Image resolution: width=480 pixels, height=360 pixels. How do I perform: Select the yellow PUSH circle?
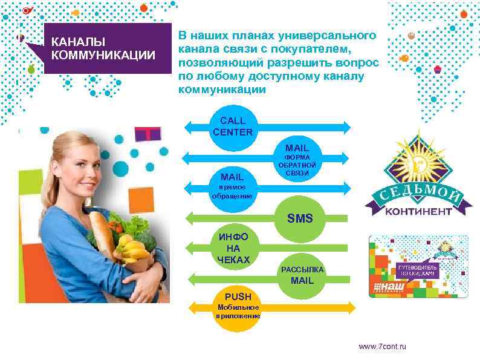[x=238, y=306]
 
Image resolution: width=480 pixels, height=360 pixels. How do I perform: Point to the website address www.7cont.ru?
[x=383, y=346]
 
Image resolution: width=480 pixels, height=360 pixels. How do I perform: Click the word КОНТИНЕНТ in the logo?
[x=417, y=211]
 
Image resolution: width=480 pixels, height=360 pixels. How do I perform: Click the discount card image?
[x=418, y=266]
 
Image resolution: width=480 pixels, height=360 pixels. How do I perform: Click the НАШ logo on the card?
[x=389, y=285]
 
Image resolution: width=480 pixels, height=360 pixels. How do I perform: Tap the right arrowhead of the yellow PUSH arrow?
[x=346, y=306]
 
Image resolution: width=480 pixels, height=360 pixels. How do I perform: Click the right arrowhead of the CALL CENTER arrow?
[x=346, y=127]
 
